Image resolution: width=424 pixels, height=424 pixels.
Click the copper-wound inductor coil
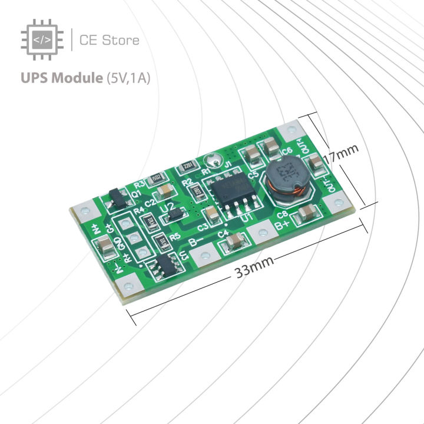tap(284, 180)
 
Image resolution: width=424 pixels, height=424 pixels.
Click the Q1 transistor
tap(117, 200)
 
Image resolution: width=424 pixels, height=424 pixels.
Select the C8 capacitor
tap(307, 213)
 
